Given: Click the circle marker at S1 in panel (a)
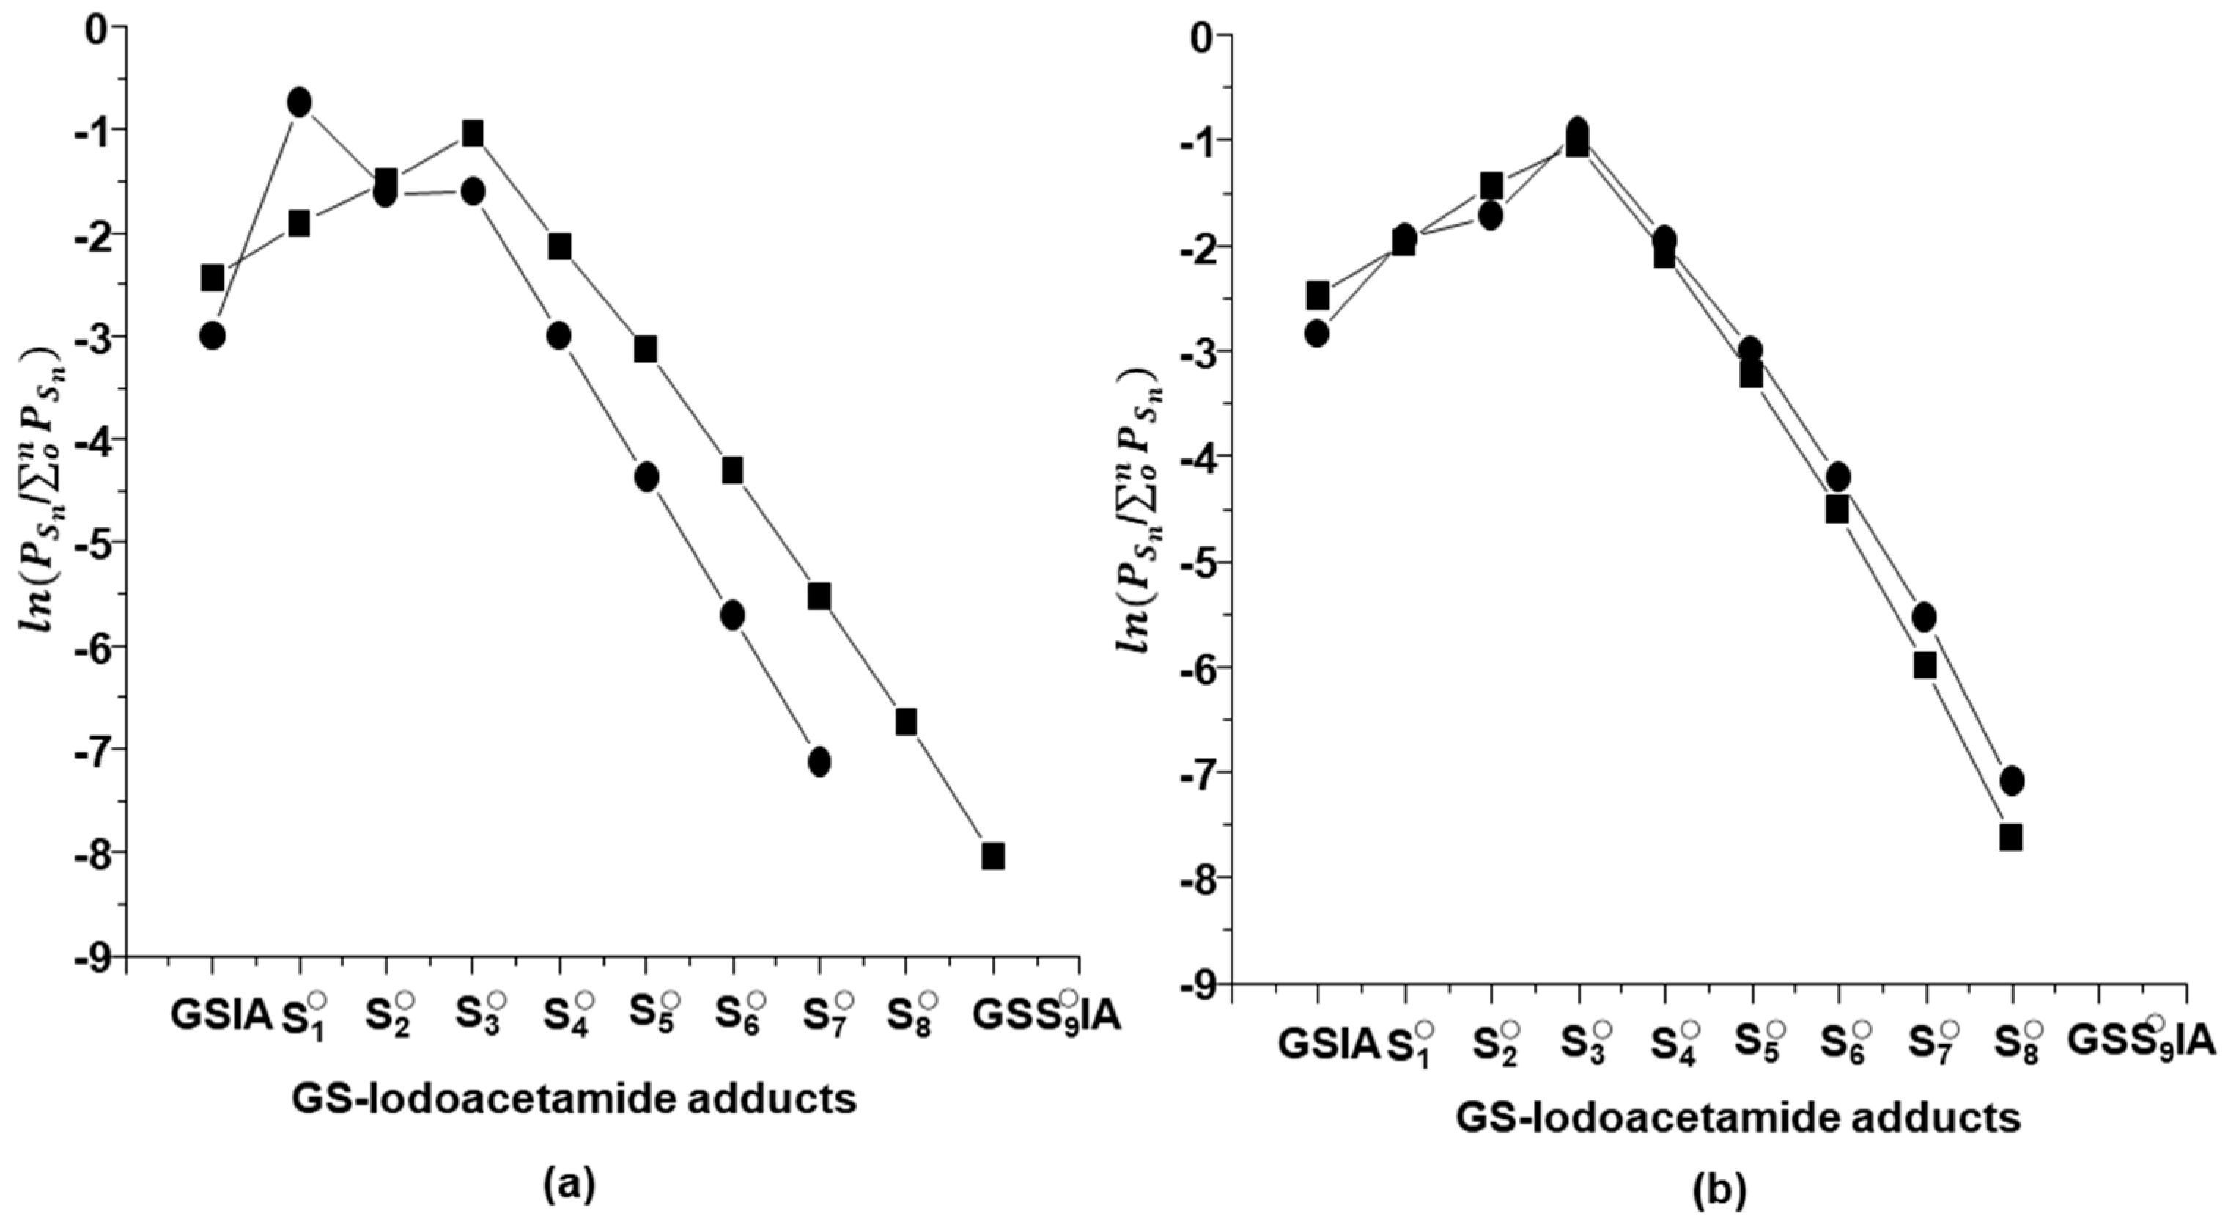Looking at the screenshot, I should (x=299, y=102).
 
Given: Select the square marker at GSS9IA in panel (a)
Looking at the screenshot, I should (x=993, y=856).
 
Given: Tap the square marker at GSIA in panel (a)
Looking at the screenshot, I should (x=212, y=278).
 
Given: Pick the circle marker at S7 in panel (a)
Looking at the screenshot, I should (x=820, y=761).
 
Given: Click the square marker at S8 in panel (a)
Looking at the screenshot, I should (x=906, y=721).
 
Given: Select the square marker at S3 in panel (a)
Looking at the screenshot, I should (x=472, y=133).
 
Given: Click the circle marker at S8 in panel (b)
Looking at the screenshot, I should (x=2012, y=780).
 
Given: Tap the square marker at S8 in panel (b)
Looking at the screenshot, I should (x=2011, y=837).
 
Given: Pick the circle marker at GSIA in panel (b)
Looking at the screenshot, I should (x=1317, y=333).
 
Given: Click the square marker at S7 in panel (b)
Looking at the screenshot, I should (x=1925, y=665).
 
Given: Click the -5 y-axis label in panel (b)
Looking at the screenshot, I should (x=1197, y=563).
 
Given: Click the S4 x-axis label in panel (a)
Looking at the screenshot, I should (x=567, y=1016).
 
